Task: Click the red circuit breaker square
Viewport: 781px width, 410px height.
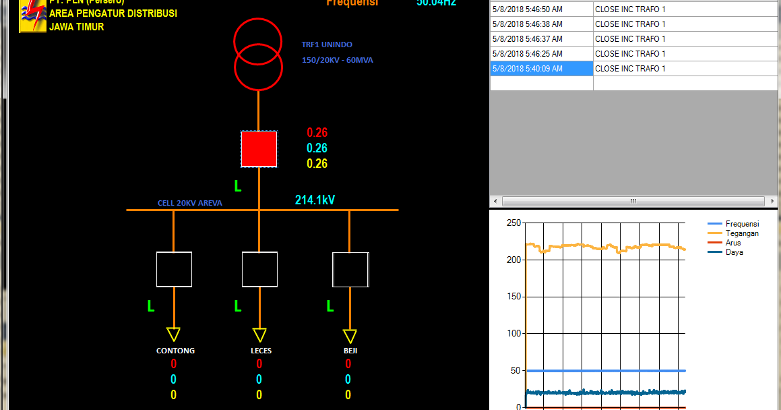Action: pyautogui.click(x=259, y=149)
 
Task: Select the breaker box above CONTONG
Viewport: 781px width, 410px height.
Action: pyautogui.click(x=174, y=270)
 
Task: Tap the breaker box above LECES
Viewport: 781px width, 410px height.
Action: pyautogui.click(x=259, y=270)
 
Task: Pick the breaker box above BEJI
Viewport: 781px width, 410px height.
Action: pyautogui.click(x=350, y=270)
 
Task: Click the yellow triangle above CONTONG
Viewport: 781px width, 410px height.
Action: pyautogui.click(x=174, y=334)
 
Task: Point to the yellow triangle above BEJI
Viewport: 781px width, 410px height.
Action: pyautogui.click(x=350, y=336)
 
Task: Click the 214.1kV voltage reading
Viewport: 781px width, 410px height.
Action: pyautogui.click(x=315, y=200)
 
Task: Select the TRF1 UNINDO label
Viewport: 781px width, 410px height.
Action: pyautogui.click(x=327, y=45)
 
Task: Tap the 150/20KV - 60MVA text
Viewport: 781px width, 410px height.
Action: pyautogui.click(x=337, y=60)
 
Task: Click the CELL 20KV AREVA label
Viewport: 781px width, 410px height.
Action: pyautogui.click(x=189, y=203)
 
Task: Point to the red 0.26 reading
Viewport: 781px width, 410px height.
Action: pyautogui.click(x=317, y=133)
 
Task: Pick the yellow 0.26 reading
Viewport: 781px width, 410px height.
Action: pyautogui.click(x=317, y=164)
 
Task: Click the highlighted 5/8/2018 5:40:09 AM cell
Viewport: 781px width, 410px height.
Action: pyautogui.click(x=541, y=69)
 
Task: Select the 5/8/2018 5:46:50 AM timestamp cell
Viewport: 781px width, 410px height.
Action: pyautogui.click(x=541, y=9)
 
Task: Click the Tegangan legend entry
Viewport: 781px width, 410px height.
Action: pyautogui.click(x=741, y=233)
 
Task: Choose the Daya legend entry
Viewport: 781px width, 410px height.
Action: pyautogui.click(x=734, y=252)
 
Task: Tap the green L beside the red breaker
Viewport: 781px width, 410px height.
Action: pyautogui.click(x=237, y=185)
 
